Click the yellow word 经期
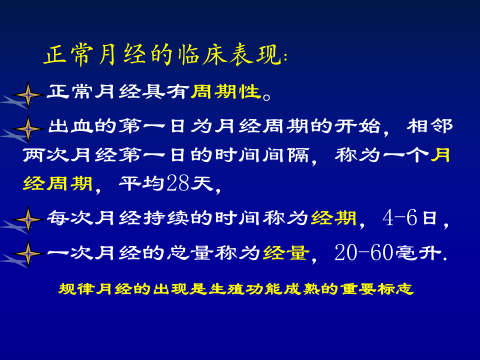[x=334, y=218]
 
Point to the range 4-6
[x=399, y=218]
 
